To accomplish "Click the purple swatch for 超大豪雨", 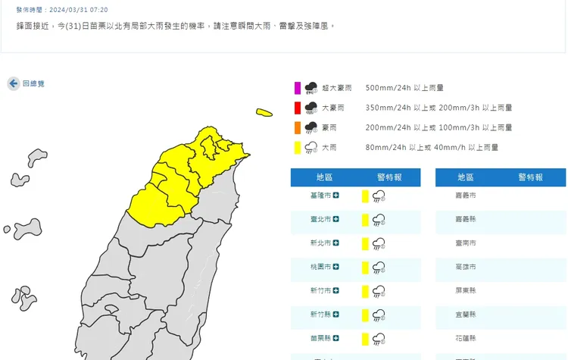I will point(298,87).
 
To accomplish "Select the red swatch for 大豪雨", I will point(298,108).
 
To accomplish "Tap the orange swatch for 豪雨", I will point(298,127).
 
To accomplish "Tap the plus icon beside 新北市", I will point(335,243).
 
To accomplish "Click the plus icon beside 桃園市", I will point(335,268).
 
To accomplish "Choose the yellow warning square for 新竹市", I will point(365,291).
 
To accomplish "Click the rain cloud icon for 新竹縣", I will point(379,315).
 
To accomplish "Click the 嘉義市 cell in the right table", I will point(467,196).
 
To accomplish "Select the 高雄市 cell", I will point(467,268).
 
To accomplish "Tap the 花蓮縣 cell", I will point(467,339).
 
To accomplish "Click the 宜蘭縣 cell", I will point(467,315).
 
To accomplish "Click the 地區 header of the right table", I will point(466,177).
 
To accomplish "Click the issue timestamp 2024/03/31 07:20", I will point(78,10).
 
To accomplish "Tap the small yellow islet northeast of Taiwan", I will point(264,113).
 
